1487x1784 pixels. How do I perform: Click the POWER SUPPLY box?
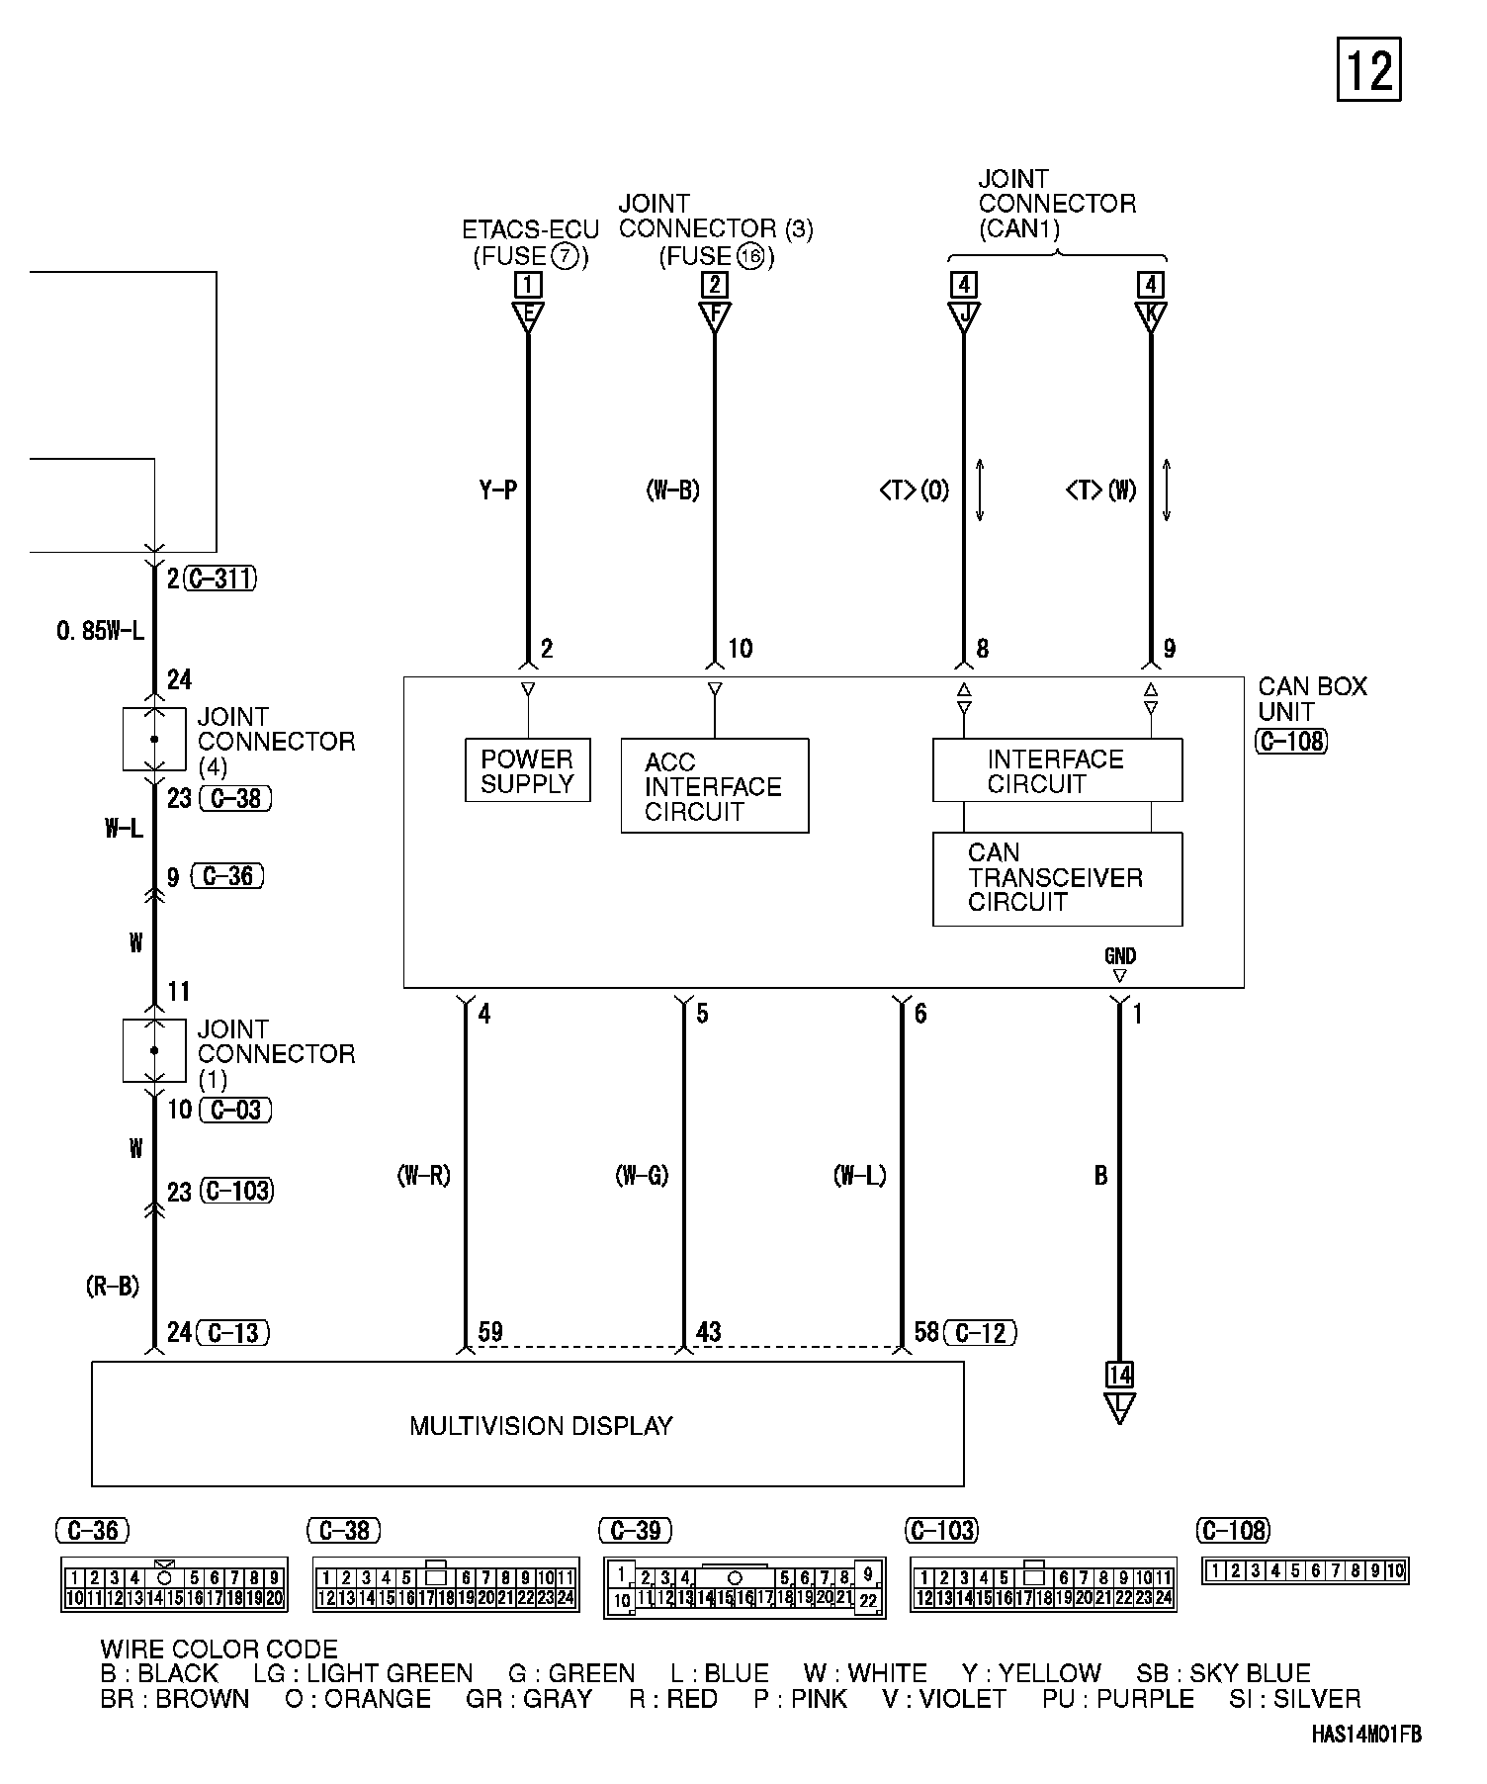point(527,770)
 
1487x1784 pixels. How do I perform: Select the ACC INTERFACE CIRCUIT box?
point(714,786)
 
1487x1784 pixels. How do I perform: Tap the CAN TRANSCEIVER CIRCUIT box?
point(1057,878)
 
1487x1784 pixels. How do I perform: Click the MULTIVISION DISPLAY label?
point(541,1425)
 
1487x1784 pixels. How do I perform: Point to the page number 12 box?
point(1369,70)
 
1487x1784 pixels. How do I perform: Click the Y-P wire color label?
point(498,490)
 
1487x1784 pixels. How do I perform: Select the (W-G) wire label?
point(642,1176)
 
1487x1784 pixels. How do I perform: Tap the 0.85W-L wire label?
point(101,630)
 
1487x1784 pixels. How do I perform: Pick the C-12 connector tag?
point(980,1332)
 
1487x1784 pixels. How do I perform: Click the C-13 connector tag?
point(233,1332)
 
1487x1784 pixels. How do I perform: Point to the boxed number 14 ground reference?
point(1119,1375)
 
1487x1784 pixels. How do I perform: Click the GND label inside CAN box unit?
point(1120,956)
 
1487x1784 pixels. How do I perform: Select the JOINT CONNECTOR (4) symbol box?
point(154,739)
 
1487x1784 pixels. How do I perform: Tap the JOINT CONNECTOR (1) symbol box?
point(154,1051)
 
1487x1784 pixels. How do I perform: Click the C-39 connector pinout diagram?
point(744,1588)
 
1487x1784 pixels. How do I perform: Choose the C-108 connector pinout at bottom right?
point(1305,1570)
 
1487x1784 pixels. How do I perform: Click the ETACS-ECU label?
point(530,230)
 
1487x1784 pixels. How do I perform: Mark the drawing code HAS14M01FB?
point(1366,1734)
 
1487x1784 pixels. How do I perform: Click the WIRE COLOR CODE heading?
point(219,1649)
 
